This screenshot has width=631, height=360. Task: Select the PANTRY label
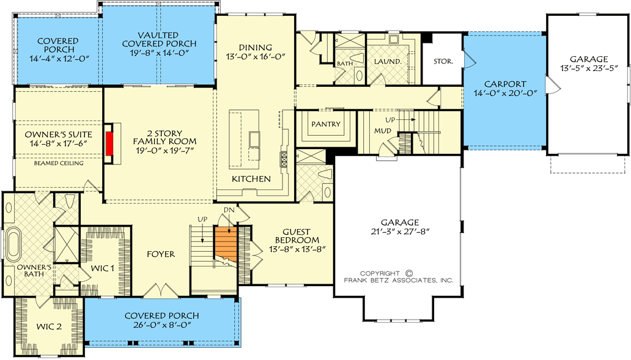(326, 124)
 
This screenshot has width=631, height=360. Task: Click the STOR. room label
(443, 62)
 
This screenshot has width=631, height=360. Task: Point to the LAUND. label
(388, 62)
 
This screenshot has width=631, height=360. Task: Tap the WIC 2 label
(49, 326)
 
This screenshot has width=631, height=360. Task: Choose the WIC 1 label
(102, 268)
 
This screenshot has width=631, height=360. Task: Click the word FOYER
(161, 254)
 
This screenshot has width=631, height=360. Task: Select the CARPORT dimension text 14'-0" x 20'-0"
(505, 94)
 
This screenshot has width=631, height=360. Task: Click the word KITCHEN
(251, 179)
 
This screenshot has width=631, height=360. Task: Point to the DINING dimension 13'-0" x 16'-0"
(256, 56)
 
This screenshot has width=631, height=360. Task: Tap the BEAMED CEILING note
(59, 163)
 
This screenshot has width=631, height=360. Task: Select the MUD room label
(383, 131)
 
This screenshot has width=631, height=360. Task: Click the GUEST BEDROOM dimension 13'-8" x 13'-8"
(297, 249)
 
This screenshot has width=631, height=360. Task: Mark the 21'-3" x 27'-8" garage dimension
(400, 232)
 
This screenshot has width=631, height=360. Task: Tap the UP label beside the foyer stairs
(202, 219)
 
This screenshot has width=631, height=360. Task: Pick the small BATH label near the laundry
(345, 64)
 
